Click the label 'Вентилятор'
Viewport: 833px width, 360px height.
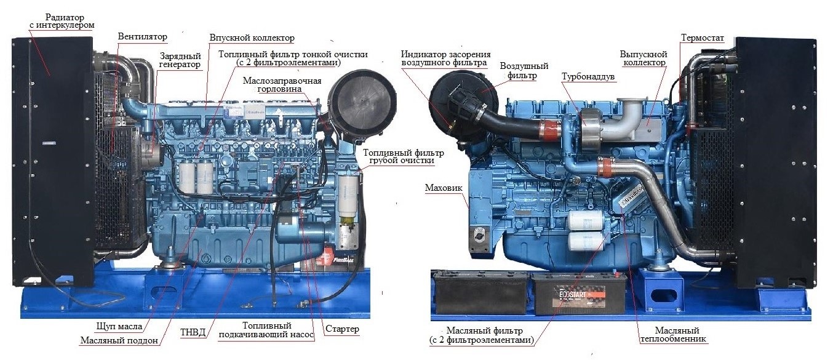click(x=143, y=36)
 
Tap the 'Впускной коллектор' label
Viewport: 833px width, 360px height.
click(x=252, y=38)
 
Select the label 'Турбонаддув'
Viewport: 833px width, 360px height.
click(x=588, y=77)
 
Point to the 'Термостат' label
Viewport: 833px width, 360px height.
click(x=703, y=38)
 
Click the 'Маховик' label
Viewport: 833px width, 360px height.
click(x=444, y=188)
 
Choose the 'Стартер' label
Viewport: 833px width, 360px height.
click(x=342, y=329)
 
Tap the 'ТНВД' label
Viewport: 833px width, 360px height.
click(x=193, y=332)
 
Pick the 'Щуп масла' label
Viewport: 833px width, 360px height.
click(x=119, y=327)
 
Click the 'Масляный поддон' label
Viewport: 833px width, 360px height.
click(x=119, y=340)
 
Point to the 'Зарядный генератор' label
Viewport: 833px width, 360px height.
click(x=180, y=60)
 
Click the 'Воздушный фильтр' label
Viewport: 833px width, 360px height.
click(x=524, y=71)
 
